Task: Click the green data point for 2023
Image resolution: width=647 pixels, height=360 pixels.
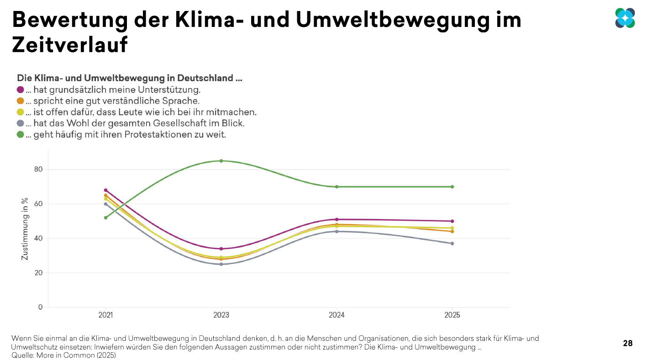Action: [221, 161]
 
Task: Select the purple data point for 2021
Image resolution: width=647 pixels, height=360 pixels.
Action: [105, 190]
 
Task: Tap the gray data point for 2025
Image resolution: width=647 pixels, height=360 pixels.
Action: [452, 244]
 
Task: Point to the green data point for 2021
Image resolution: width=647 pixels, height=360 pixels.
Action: [105, 218]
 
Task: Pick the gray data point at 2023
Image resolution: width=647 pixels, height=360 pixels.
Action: [221, 264]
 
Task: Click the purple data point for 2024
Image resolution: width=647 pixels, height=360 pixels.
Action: [337, 219]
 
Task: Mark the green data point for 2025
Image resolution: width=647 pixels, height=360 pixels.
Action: [452, 187]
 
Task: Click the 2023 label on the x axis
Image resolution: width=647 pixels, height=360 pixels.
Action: [221, 315]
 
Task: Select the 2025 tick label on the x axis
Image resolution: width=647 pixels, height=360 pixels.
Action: [452, 315]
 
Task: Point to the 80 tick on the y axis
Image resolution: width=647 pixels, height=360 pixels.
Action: [38, 169]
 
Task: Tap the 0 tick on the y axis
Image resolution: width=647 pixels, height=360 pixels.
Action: [40, 307]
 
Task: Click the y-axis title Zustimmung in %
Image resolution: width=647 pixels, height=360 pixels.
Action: [25, 229]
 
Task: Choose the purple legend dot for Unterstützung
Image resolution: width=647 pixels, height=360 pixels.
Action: [21, 89]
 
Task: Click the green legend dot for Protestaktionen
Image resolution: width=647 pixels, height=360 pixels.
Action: [21, 135]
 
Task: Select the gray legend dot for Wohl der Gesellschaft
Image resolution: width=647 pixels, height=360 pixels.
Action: [21, 123]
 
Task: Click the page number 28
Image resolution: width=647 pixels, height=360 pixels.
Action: [628, 343]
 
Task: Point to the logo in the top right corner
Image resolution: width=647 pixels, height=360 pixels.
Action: [625, 18]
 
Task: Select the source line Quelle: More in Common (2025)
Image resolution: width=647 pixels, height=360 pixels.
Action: [63, 355]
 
